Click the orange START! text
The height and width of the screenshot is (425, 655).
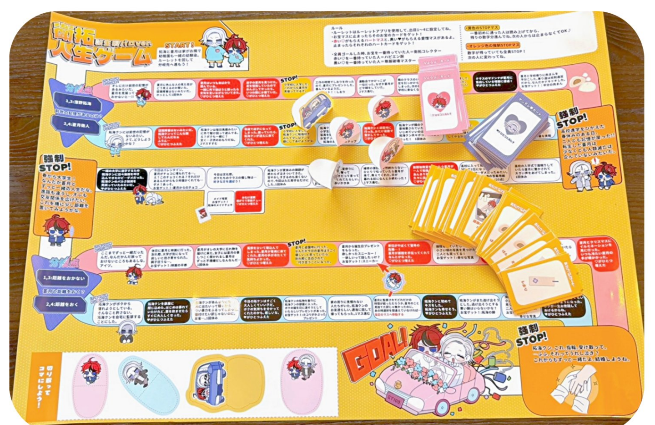(179, 46)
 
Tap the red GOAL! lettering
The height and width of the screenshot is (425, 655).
(374, 353)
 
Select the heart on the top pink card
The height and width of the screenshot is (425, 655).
(438, 102)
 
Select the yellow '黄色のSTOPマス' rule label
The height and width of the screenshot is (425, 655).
(482, 28)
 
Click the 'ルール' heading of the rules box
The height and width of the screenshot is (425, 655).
(337, 28)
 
